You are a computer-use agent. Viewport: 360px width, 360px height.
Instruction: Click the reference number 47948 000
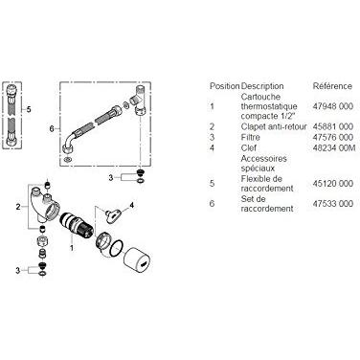pos(333,106)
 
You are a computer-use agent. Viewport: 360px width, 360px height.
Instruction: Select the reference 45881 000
pos(333,126)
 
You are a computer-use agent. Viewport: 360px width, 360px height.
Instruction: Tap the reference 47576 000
pos(333,138)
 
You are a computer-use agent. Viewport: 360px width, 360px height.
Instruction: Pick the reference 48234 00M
pos(334,148)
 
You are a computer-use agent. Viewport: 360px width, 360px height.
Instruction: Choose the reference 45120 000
pos(333,184)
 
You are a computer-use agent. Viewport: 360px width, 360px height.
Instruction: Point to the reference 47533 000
pos(333,204)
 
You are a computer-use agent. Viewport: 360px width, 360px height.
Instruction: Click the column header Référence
pos(332,86)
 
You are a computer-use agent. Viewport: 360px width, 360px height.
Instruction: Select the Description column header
pos(262,86)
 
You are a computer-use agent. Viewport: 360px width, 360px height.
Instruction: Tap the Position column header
pos(224,86)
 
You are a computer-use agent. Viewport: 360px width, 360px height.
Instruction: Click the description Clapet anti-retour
pos(274,126)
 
